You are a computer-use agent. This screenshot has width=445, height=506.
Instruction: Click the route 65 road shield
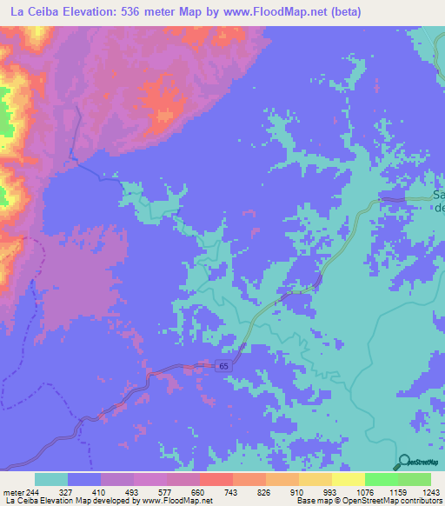(224, 367)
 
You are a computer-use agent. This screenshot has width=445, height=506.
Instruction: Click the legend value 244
(35, 492)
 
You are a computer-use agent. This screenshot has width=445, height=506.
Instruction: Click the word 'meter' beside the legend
(12, 492)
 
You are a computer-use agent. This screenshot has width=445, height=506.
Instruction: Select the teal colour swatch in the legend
(51, 479)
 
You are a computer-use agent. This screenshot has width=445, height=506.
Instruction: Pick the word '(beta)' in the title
(340, 11)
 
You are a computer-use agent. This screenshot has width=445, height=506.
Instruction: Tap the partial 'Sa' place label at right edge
(439, 196)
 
